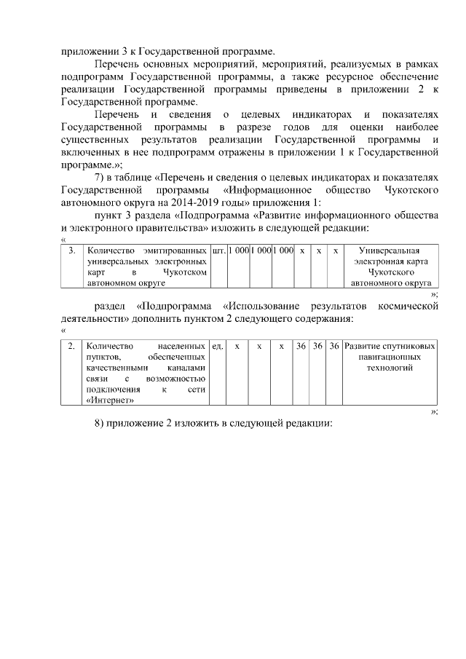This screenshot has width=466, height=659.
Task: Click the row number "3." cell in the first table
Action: click(71, 250)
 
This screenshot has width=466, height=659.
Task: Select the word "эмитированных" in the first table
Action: click(175, 250)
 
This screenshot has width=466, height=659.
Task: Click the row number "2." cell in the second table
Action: click(71, 347)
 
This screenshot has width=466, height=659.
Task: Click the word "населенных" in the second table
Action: click(179, 347)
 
